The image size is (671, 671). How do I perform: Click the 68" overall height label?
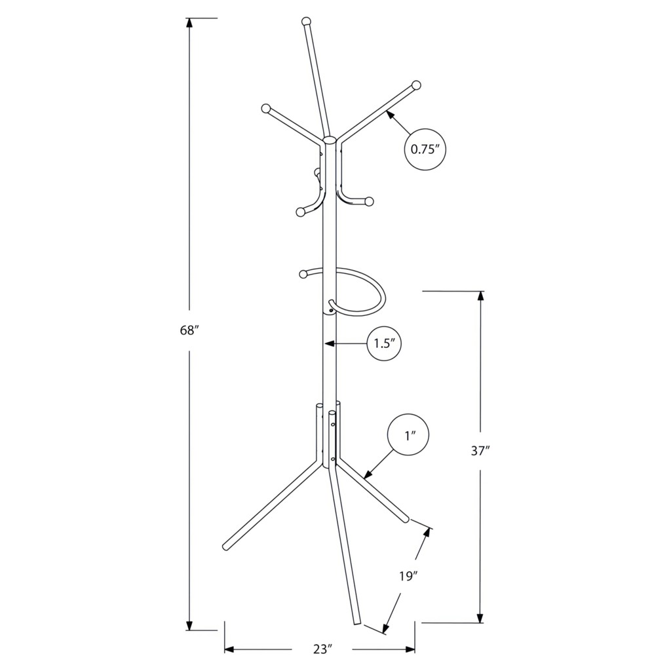[x=187, y=330]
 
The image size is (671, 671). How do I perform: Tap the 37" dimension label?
[x=480, y=451]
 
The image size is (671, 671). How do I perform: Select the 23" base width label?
[x=322, y=649]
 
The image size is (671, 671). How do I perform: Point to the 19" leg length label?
[x=409, y=576]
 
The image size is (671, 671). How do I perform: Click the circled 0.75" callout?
[x=425, y=149]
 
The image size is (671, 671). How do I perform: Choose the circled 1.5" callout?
[x=384, y=343]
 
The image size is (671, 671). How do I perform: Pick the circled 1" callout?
[x=408, y=435]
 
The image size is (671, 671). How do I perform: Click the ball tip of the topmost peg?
[x=306, y=22]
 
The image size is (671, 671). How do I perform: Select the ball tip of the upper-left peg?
[x=266, y=108]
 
